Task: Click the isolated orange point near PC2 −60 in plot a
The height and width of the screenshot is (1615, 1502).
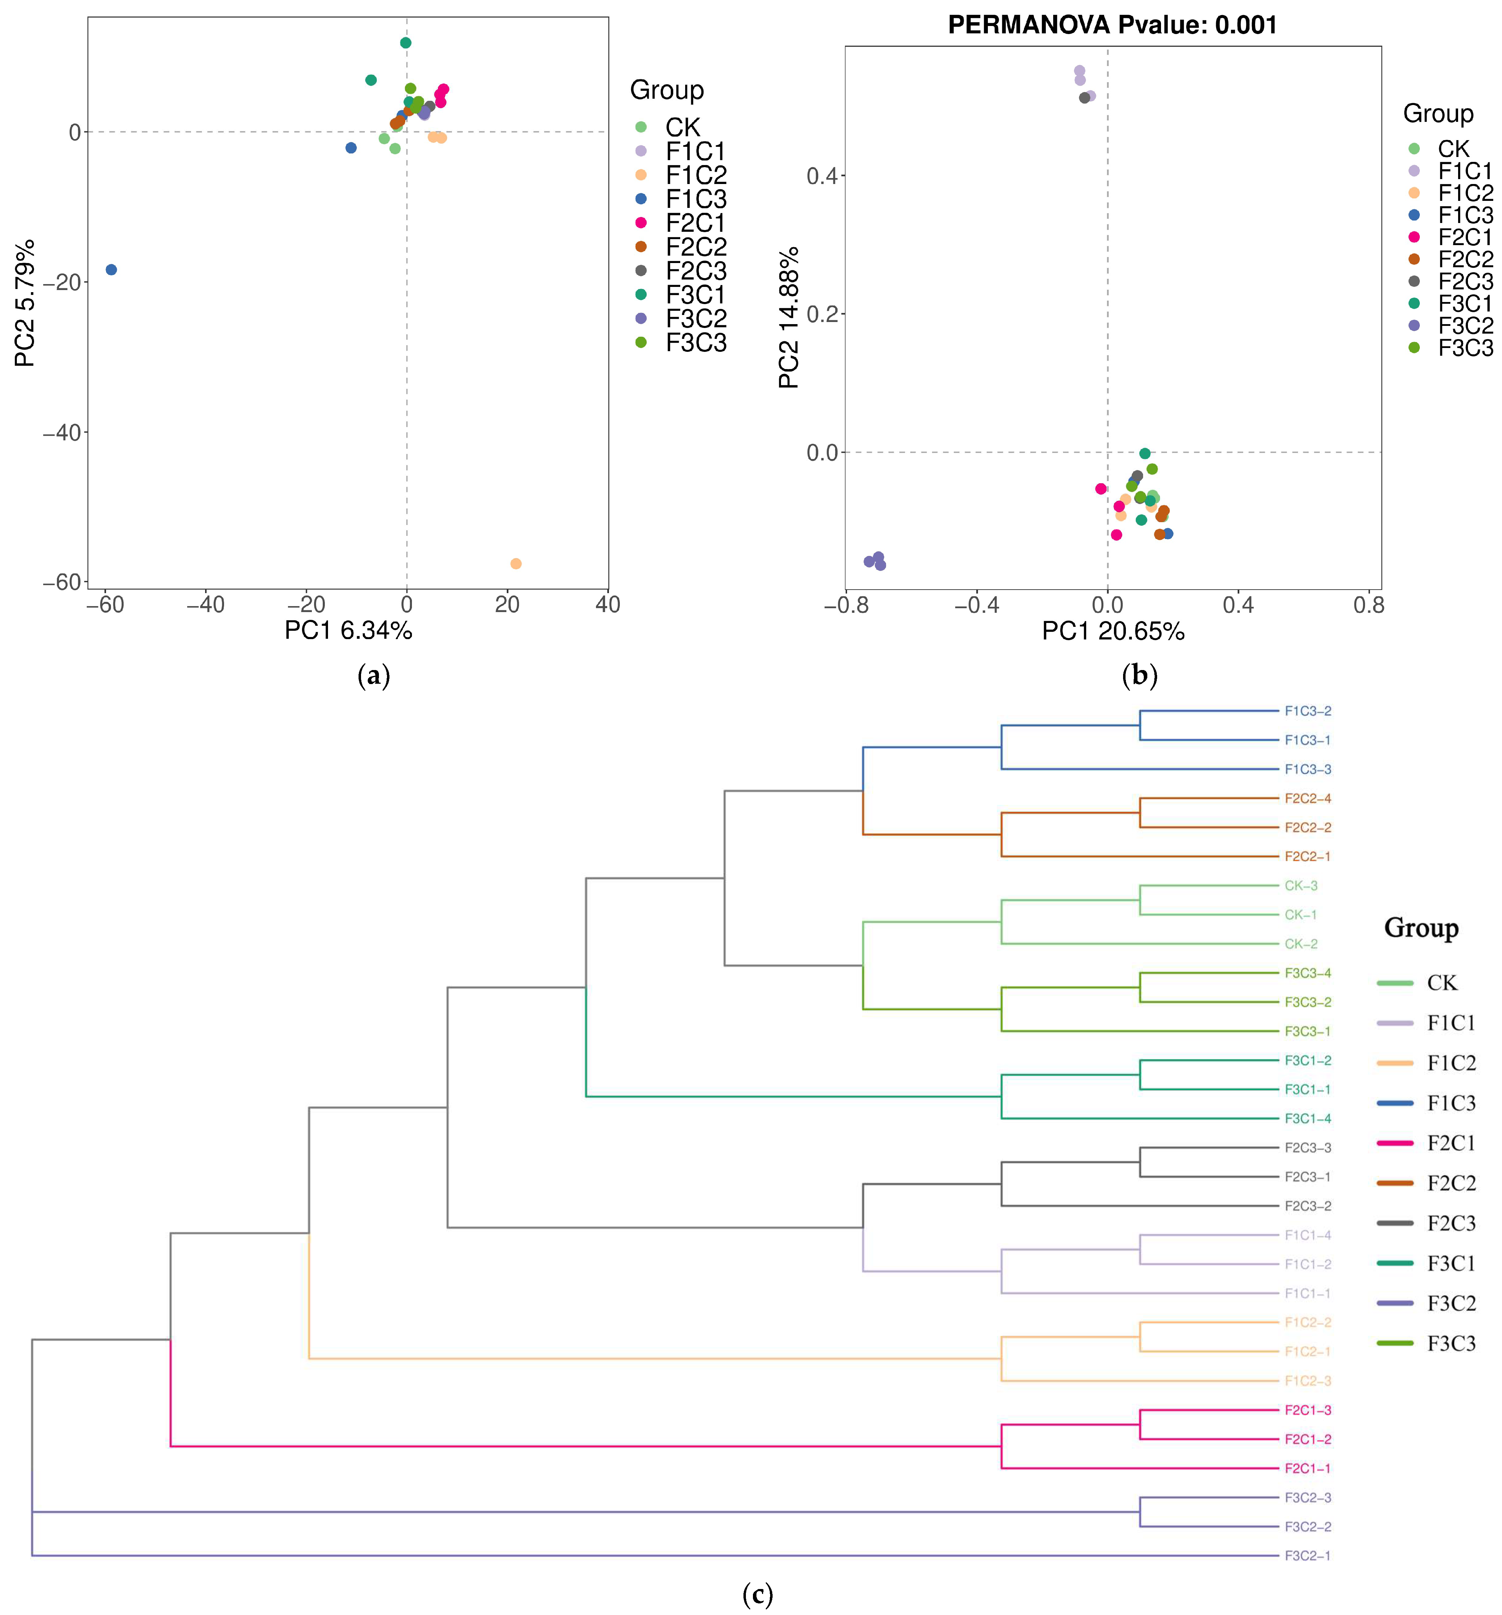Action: pos(515,564)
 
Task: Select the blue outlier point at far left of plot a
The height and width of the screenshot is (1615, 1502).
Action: pos(111,270)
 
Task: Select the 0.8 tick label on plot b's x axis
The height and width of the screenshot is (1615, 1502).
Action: pos(1368,605)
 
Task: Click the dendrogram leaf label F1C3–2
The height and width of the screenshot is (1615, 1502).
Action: pos(1307,711)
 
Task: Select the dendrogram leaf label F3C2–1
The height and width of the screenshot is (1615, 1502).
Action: pos(1307,1556)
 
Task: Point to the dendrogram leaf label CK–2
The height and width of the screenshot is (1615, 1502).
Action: pos(1300,944)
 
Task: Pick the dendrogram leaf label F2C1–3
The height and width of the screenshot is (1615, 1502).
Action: pos(1307,1410)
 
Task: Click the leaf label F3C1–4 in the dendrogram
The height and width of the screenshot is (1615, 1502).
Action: pos(1307,1119)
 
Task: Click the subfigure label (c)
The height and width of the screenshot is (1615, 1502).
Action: pos(757,1595)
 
